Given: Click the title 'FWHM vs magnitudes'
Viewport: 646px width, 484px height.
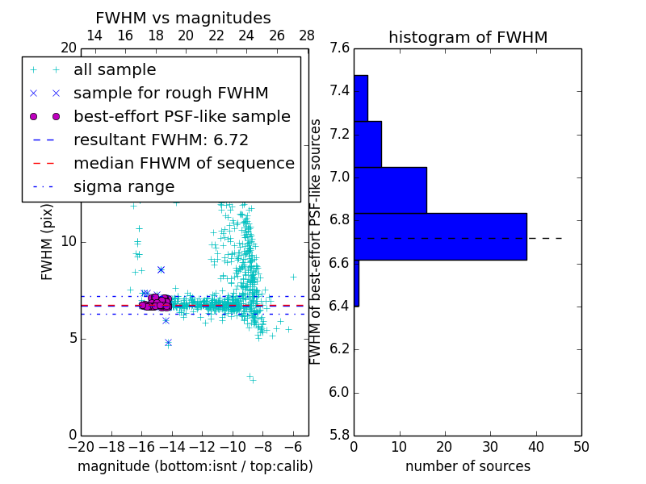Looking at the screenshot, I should click(182, 18).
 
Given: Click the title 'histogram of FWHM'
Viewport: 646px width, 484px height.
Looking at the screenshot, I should click(468, 37).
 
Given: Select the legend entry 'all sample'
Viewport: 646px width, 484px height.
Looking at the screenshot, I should click(115, 70).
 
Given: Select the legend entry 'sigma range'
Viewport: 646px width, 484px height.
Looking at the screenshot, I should click(124, 187).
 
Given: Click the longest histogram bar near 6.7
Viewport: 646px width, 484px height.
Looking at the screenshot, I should click(440, 236).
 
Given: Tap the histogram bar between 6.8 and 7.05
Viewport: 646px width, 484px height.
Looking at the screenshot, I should click(390, 190).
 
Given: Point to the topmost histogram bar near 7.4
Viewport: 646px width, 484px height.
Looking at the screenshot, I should click(360, 98).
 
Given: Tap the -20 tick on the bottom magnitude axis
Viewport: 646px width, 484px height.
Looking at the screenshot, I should click(81, 447).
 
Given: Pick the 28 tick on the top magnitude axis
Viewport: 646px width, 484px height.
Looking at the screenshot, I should click(307, 35).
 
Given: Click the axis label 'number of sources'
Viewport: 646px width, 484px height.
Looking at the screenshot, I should click(468, 466).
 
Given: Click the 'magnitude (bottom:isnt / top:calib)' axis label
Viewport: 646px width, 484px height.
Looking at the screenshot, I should click(195, 466).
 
